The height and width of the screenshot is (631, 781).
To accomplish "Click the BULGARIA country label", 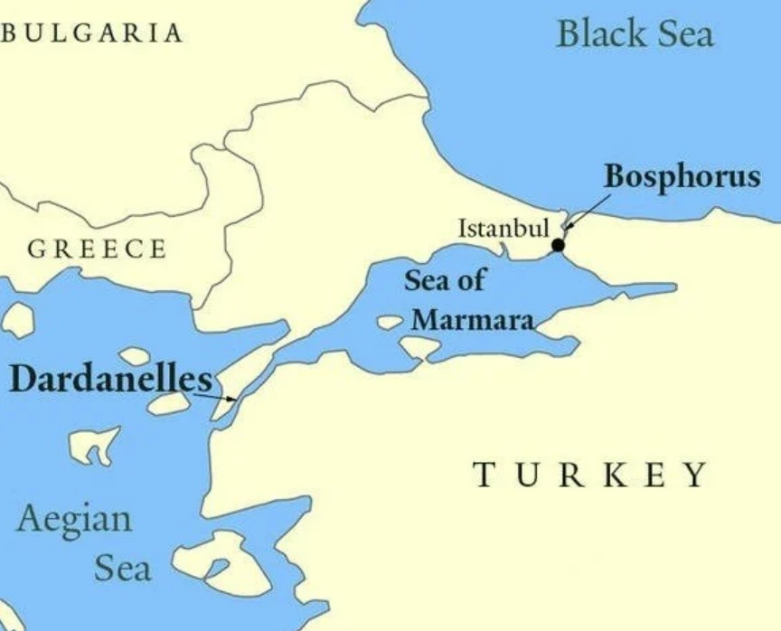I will point(93,33).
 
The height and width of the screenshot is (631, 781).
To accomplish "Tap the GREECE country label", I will point(97,250).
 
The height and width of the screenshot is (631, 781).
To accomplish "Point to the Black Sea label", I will point(635,34).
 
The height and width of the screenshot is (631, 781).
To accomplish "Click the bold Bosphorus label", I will point(682,175).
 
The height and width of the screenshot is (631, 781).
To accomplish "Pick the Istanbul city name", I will point(503,228).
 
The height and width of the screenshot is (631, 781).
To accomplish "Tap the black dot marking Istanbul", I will point(558,245).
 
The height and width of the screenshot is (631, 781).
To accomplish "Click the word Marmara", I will point(472,319).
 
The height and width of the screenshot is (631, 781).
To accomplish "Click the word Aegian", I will point(74,520).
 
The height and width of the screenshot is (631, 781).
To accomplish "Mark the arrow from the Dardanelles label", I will point(215,396).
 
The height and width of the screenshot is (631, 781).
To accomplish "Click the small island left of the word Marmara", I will point(390,321).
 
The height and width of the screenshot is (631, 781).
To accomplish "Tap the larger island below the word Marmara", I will point(419,347).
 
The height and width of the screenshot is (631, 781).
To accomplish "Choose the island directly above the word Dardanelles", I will point(134,356).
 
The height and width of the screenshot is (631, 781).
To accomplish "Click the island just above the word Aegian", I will point(94,446).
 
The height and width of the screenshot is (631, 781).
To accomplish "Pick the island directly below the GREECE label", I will point(18,319).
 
